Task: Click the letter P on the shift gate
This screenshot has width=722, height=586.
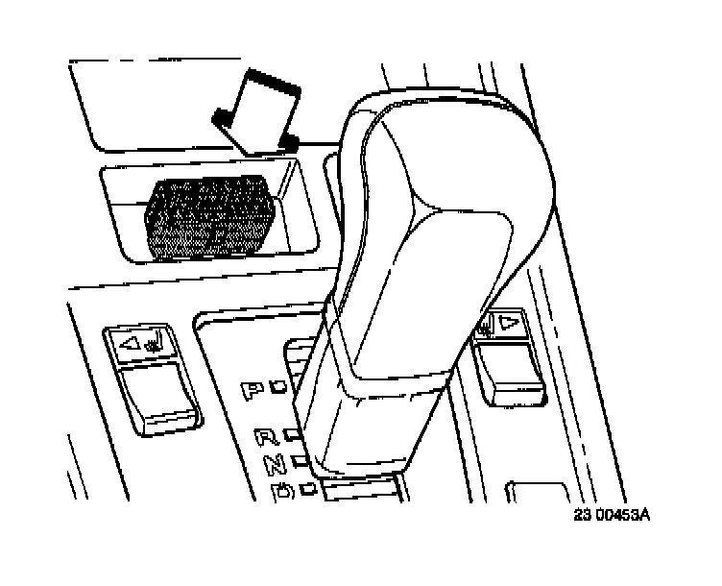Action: (253, 390)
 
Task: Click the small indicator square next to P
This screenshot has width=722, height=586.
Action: (277, 388)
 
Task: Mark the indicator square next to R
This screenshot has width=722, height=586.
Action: (289, 435)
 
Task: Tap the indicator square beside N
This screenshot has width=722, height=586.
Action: (299, 461)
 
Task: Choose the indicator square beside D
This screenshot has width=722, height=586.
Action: (308, 489)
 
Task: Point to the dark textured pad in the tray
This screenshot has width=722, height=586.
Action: (208, 218)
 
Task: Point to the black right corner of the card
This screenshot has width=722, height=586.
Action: (287, 142)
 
